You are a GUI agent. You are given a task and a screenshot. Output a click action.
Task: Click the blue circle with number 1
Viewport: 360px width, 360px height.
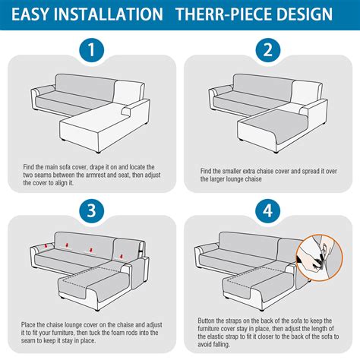[90, 52]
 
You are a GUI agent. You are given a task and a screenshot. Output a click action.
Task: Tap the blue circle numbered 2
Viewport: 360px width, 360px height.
[267, 52]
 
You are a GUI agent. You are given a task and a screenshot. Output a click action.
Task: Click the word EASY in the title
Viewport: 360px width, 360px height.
[35, 14]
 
